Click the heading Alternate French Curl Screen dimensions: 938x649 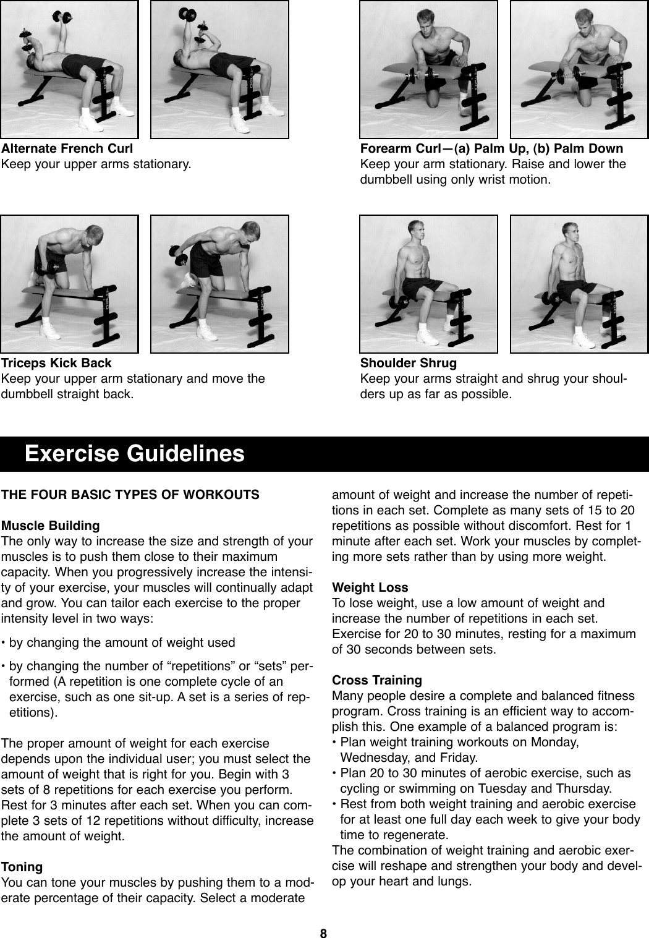pos(67,148)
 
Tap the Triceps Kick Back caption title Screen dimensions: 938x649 pos(56,363)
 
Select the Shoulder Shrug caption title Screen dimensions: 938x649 pos(408,363)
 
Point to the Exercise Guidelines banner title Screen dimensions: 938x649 pos(134,454)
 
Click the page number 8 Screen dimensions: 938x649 pos(323,933)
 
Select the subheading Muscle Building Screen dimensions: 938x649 pos(50,526)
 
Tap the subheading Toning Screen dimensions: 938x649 pos(22,867)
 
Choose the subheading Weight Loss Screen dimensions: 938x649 pos(370,587)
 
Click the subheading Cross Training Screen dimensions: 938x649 pos(376,680)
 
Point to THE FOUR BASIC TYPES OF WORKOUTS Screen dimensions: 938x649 pos(130,495)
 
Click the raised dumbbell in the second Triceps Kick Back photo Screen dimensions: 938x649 pos(179,254)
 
